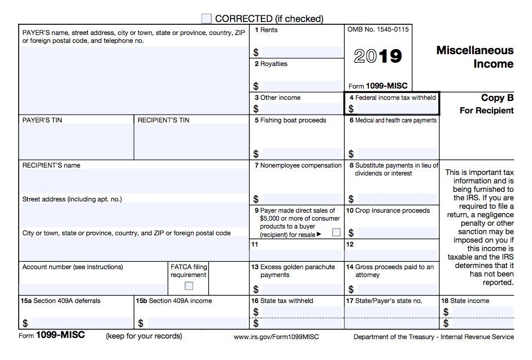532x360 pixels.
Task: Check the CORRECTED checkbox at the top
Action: point(207,19)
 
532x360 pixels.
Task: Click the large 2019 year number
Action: point(378,56)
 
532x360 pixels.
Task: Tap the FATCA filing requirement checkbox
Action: point(189,286)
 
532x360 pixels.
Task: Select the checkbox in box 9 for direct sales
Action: point(336,232)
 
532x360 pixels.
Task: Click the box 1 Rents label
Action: point(266,30)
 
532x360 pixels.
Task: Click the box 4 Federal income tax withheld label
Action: point(392,98)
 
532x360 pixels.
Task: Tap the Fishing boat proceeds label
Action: point(290,120)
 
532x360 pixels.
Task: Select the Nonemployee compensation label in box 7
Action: point(298,165)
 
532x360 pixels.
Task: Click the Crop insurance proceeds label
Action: point(388,210)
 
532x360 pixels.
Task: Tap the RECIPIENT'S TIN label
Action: point(163,120)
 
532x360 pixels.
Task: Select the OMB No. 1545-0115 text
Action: point(378,29)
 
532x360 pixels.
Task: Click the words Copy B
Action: point(497,98)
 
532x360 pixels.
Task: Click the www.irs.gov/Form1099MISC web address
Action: point(276,337)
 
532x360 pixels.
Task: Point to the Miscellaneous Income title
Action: point(475,57)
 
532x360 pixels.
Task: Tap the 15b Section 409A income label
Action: point(174,301)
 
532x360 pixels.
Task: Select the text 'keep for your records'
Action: point(144,336)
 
